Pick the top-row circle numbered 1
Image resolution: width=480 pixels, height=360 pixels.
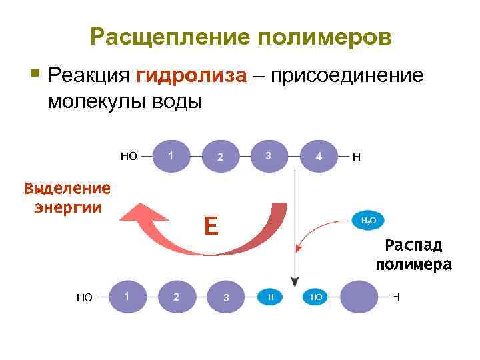pos(171,156)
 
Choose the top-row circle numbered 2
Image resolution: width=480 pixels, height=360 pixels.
pos(219,157)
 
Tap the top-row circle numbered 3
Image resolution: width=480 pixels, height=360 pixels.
pos(268,156)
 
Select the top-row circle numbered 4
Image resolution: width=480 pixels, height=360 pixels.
pos(319,157)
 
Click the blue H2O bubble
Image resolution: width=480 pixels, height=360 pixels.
pos(367,220)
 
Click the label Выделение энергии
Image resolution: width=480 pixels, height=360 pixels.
pos(67,197)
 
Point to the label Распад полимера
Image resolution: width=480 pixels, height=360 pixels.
pos(413,254)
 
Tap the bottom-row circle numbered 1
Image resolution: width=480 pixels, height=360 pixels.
pos(127,295)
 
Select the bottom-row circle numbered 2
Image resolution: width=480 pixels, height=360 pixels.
pos(177,297)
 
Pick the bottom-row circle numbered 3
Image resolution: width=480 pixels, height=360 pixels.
pos(226,297)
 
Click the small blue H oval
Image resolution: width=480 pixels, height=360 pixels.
pos(270,297)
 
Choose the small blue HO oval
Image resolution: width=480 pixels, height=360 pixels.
pos(315,297)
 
